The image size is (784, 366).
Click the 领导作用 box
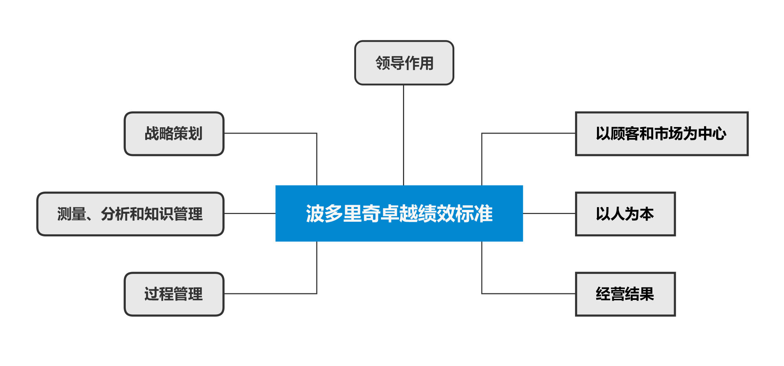tap(404, 63)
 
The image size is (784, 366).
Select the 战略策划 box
tap(174, 134)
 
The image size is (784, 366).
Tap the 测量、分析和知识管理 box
tap(130, 214)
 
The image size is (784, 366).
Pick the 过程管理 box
tap(174, 294)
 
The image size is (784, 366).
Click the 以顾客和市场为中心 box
tap(662, 134)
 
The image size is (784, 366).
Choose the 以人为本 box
tap(625, 214)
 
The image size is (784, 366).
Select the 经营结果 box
tap(625, 294)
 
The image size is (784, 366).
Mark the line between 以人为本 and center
tap(549, 213)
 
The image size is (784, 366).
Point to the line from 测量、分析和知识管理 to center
tap(249, 213)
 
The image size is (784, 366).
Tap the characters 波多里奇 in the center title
tap(343, 214)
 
